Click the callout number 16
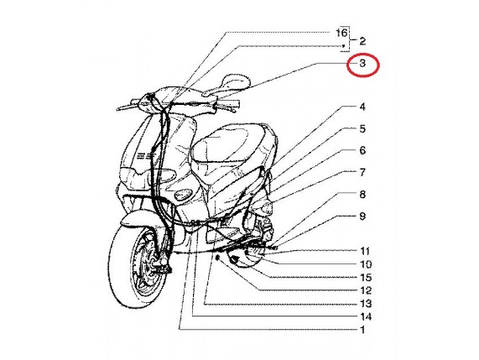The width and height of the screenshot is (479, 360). tap(341, 33)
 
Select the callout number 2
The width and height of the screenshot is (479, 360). tap(362, 41)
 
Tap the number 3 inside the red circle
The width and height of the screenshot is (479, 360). tap(362, 63)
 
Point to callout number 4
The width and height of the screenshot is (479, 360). tap(362, 107)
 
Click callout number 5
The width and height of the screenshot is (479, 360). tap(362, 128)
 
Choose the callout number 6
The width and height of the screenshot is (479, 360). tap(362, 150)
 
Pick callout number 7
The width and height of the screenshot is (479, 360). tap(362, 172)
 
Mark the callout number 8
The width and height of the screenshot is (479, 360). tap(362, 195)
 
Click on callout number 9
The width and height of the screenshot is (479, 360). tap(362, 217)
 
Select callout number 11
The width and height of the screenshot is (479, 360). tap(365, 251)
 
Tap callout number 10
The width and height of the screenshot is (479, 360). tap(366, 264)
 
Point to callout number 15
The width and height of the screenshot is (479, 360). tap(366, 277)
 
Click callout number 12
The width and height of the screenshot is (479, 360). tap(366, 290)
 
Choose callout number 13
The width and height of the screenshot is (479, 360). tap(366, 304)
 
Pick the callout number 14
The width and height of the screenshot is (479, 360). tap(366, 316)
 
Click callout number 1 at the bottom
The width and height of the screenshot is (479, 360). tap(362, 330)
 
